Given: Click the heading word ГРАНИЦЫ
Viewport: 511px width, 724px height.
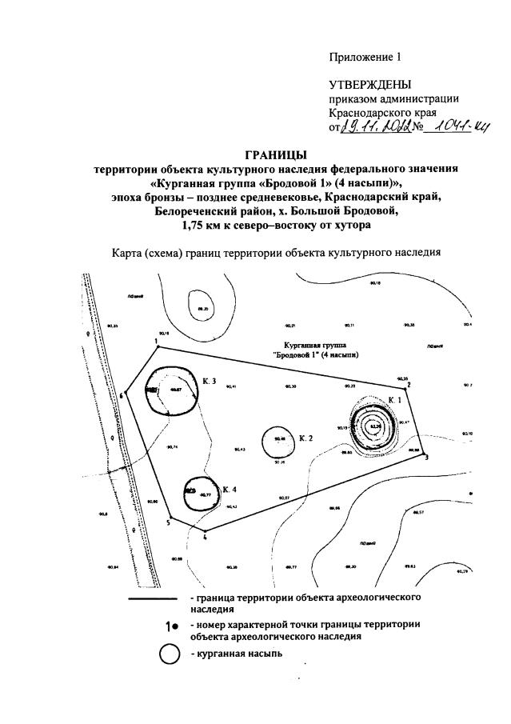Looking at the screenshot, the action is click(x=275, y=154).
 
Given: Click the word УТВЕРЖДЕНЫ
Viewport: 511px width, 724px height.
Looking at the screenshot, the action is click(x=370, y=85).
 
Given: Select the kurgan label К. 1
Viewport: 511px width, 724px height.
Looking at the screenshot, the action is click(x=395, y=398).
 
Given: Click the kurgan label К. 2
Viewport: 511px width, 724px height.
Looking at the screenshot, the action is click(x=305, y=438).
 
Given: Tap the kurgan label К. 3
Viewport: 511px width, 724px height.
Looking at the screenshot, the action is click(x=210, y=382).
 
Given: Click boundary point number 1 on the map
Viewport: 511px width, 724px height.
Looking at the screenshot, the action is click(x=157, y=341).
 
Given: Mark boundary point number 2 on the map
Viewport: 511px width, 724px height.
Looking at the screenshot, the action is click(x=409, y=385).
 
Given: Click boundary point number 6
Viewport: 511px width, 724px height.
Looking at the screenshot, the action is click(x=121, y=394).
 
